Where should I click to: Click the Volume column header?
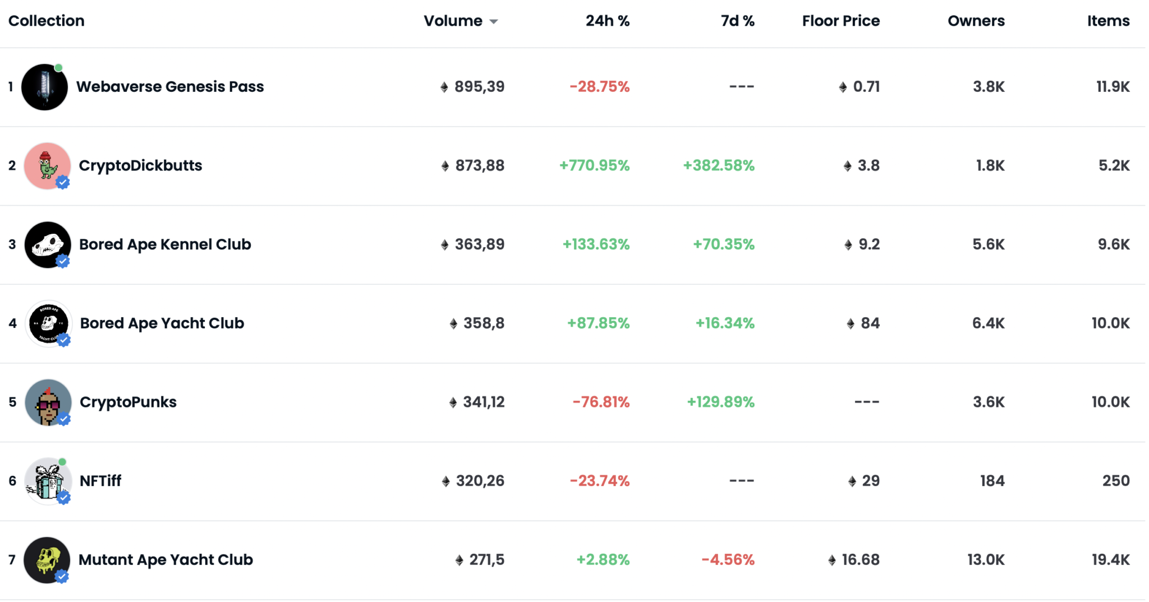pos(453,21)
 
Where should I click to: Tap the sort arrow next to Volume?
pos(494,22)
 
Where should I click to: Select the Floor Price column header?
pos(840,21)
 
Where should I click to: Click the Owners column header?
pos(976,21)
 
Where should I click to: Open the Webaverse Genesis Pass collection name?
pos(169,87)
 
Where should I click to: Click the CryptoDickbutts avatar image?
pos(47,165)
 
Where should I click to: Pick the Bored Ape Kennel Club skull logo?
pos(47,244)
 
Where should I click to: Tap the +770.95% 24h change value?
pos(594,166)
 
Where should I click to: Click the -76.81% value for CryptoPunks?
pos(601,402)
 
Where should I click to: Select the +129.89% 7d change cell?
pos(720,402)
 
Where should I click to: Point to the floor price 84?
pos(870,323)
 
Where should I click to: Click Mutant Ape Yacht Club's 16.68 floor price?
pos(860,560)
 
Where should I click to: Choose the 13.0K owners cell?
pos(985,560)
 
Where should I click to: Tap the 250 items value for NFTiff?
pos(1115,481)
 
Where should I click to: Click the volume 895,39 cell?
pos(479,87)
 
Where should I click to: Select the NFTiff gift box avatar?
pos(47,481)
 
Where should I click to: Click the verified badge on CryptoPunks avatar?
pos(64,419)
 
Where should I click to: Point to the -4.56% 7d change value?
pos(728,560)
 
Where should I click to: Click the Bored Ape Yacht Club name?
pos(162,323)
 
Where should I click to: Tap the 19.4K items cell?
pos(1110,560)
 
